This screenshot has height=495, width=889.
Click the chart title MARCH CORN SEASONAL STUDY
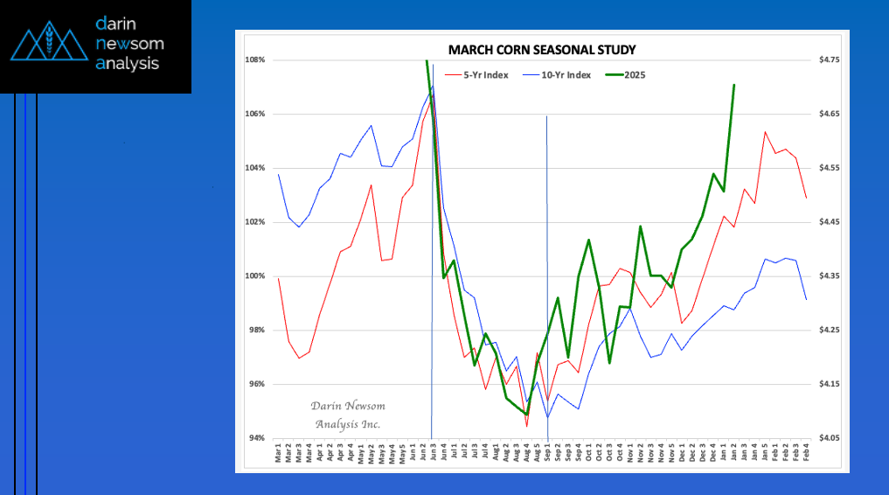click(x=542, y=50)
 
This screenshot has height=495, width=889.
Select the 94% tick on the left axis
click(x=256, y=438)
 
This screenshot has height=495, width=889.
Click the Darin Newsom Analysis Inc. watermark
click(x=348, y=415)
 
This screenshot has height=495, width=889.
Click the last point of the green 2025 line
click(x=734, y=85)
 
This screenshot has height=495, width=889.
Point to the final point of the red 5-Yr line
click(x=806, y=198)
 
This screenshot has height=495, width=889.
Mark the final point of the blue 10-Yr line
click(x=806, y=299)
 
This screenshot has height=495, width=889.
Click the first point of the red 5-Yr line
click(x=279, y=279)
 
